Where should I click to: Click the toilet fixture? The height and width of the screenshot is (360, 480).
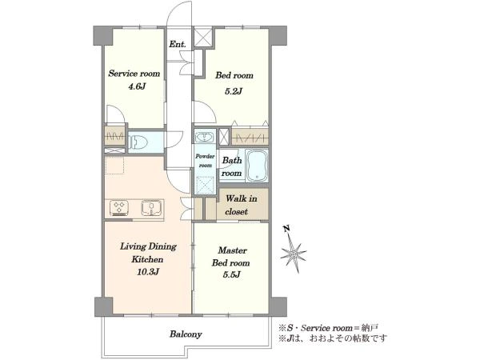click(x=138, y=142)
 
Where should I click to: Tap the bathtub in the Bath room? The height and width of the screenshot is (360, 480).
click(x=257, y=166)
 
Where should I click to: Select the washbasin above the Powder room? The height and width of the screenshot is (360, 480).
click(x=205, y=137)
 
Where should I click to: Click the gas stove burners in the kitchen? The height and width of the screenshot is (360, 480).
click(x=119, y=207)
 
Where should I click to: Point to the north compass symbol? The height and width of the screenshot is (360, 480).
click(x=294, y=254)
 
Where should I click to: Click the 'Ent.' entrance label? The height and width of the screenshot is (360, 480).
click(x=178, y=44)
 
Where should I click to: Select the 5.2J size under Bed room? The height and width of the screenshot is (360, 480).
click(x=234, y=91)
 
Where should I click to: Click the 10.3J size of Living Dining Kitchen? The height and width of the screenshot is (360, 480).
click(x=148, y=271)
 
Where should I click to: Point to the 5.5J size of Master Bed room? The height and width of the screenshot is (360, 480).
click(x=231, y=274)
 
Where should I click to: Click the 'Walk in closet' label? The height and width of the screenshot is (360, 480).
click(x=241, y=205)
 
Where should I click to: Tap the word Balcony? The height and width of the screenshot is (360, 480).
click(x=186, y=334)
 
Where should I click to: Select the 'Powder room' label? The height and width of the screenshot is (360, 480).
click(x=205, y=161)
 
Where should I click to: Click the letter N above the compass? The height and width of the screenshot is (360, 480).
click(x=286, y=228)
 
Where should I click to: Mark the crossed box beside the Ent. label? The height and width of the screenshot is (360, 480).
click(x=203, y=37)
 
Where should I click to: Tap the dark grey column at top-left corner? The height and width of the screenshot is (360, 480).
click(x=103, y=36)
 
